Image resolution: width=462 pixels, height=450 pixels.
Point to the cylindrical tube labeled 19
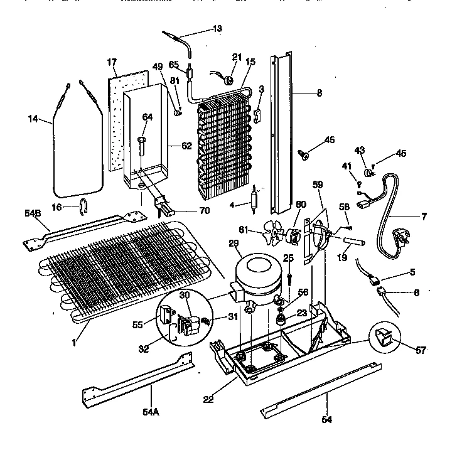(x=355, y=242)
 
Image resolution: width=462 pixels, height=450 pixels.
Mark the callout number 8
(x=319, y=94)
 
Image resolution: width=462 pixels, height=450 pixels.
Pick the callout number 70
(x=203, y=210)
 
